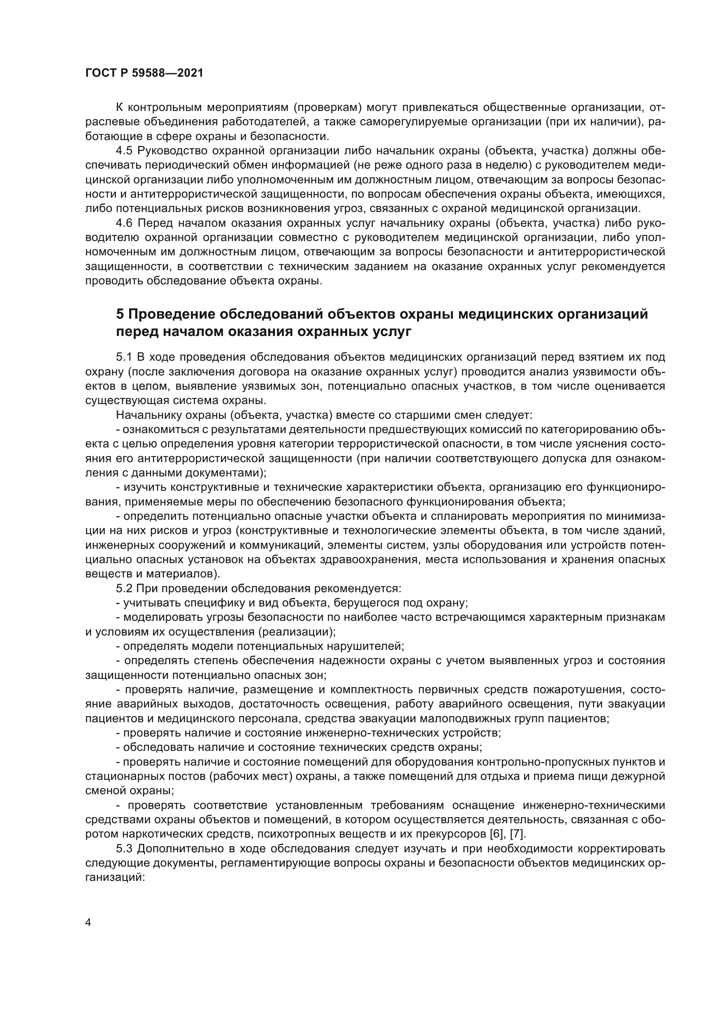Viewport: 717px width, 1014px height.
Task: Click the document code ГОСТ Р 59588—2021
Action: [x=144, y=73]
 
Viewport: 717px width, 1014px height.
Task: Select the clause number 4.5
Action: [x=124, y=150]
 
